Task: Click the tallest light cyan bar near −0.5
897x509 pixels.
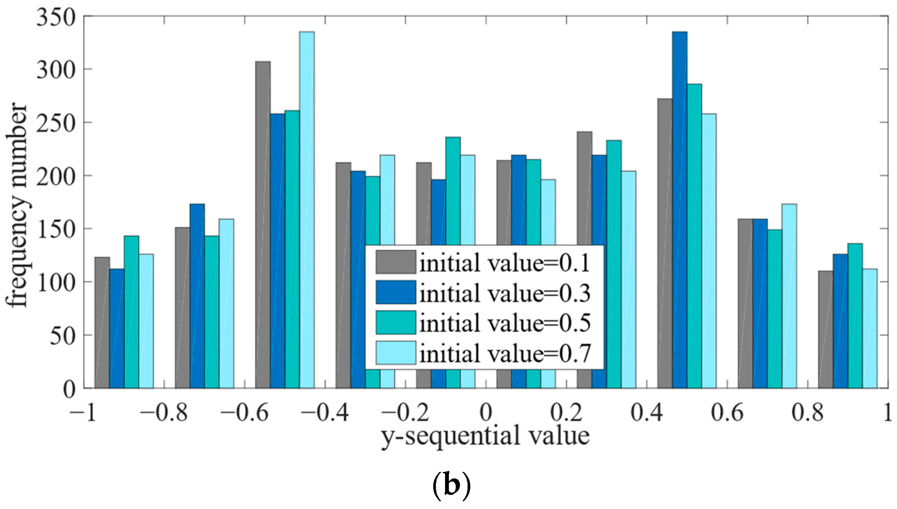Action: pos(307,210)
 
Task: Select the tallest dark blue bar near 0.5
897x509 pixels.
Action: pos(679,210)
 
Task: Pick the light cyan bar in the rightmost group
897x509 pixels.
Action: pos(870,328)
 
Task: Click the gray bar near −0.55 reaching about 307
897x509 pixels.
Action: pos(263,225)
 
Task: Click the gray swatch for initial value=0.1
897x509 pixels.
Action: pos(395,262)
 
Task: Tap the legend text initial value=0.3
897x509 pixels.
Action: pos(505,293)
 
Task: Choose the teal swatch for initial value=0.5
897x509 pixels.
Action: pos(395,323)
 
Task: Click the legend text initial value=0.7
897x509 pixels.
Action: pos(505,353)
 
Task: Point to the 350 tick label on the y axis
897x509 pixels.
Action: pos(56,18)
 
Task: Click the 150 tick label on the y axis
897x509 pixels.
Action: pos(56,230)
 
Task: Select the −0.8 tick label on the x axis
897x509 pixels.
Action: pos(164,413)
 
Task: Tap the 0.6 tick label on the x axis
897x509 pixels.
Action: pos(727,413)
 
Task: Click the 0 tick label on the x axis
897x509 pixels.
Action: pos(486,413)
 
